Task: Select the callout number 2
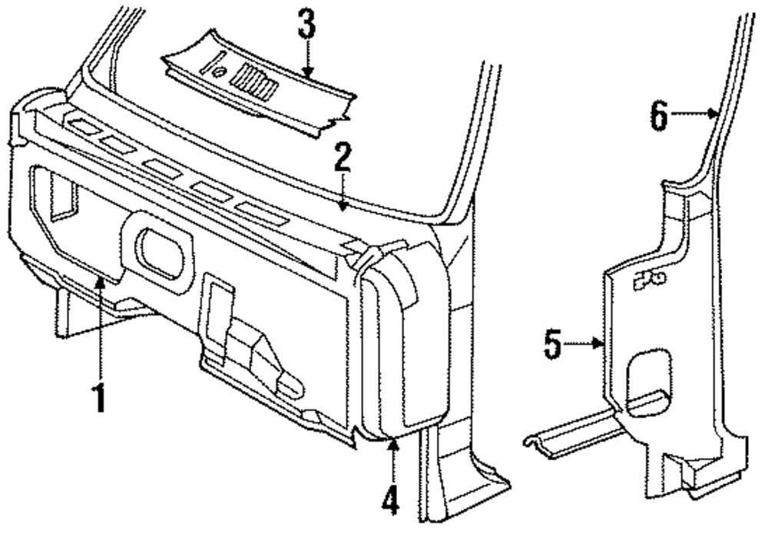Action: (342, 160)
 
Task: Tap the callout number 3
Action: (306, 26)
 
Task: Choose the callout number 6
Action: (659, 116)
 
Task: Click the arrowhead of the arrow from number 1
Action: (100, 283)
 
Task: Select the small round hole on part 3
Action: (220, 71)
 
